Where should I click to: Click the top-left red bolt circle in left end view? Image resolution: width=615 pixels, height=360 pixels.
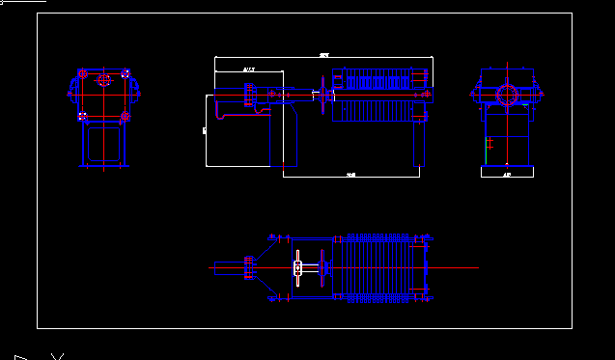pyautogui.click(x=84, y=73)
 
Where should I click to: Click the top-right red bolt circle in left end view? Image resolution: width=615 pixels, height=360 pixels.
pyautogui.click(x=126, y=73)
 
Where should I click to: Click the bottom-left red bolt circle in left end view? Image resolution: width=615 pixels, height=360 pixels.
pyautogui.click(x=84, y=117)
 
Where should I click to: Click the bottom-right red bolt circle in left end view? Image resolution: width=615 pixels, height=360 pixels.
pyautogui.click(x=126, y=117)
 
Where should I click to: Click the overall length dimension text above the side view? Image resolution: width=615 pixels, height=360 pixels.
pyautogui.click(x=323, y=55)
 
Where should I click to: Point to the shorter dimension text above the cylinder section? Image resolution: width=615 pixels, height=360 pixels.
pyautogui.click(x=249, y=69)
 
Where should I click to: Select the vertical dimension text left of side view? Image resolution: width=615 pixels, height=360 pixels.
pyautogui.click(x=204, y=127)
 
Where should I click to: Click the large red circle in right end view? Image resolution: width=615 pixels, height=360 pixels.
pyautogui.click(x=506, y=95)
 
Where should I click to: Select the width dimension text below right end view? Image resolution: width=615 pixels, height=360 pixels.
pyautogui.click(x=507, y=176)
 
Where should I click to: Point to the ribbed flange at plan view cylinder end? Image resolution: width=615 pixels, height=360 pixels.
pyautogui.click(x=250, y=267)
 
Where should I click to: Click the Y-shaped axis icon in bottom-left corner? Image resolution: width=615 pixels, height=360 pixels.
pyautogui.click(x=57, y=356)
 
